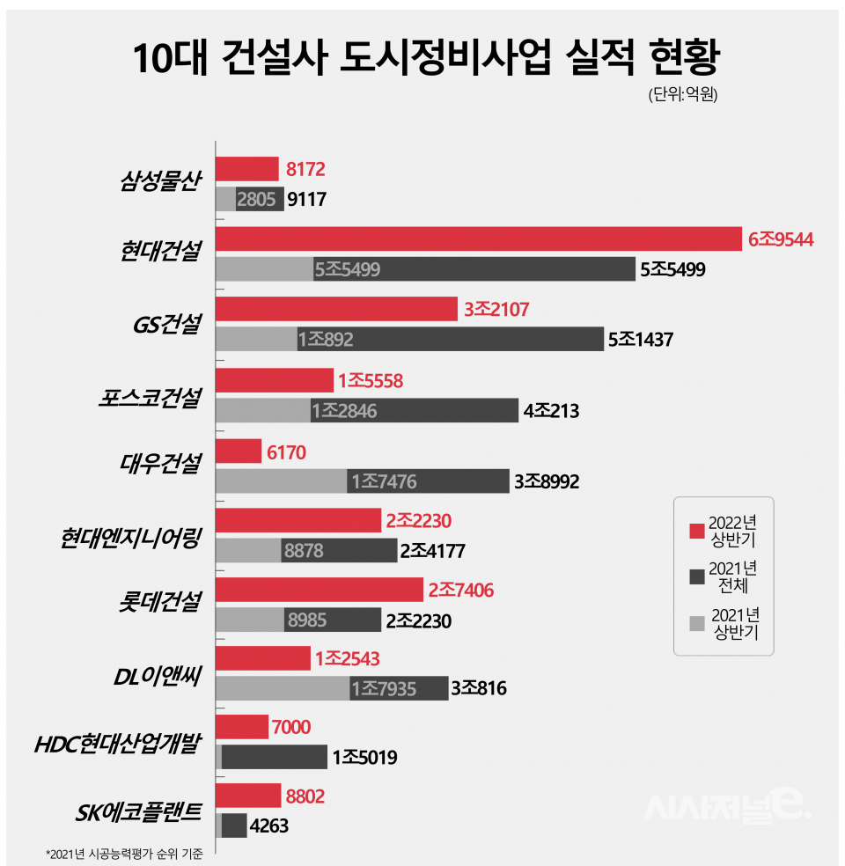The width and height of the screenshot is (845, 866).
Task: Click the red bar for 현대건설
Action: [x=480, y=239]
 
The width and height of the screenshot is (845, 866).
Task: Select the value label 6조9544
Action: [x=780, y=239]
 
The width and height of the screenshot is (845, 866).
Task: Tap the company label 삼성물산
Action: [x=161, y=182]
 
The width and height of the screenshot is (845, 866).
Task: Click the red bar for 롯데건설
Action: [x=319, y=591]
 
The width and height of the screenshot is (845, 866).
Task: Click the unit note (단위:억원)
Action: [x=683, y=94]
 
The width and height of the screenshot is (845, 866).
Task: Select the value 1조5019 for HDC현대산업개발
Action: [x=365, y=757]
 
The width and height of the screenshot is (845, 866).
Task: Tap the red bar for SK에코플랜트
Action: [x=248, y=796]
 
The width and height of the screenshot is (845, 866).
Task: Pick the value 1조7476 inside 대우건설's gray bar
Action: [x=385, y=481]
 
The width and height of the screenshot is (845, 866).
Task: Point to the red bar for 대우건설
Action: [x=238, y=451]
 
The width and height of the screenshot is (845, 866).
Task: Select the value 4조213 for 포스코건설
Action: [x=552, y=410]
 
